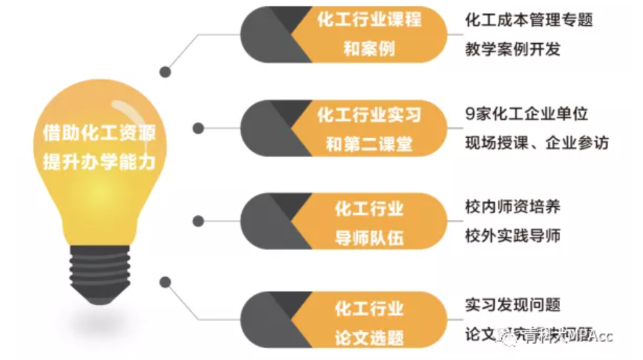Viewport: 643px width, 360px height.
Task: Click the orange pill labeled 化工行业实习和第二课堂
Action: pyautogui.click(x=369, y=129)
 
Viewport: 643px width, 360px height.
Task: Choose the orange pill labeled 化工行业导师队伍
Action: pyautogui.click(x=369, y=222)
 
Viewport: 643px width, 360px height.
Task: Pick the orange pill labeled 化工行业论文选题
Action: pyautogui.click(x=369, y=321)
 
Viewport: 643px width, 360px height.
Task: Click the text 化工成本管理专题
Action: pyautogui.click(x=529, y=20)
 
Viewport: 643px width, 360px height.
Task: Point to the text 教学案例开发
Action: pyautogui.click(x=513, y=49)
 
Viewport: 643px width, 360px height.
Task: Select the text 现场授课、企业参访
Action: pyautogui.click(x=536, y=143)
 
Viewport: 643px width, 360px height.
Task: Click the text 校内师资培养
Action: pyautogui.click(x=513, y=207)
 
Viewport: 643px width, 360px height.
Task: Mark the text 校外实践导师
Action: pyautogui.click(x=513, y=236)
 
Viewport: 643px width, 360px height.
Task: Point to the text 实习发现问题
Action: pyautogui.click(x=513, y=304)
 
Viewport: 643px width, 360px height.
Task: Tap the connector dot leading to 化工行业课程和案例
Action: pyautogui.click(x=165, y=71)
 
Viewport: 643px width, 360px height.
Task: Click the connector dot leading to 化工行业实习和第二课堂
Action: pyautogui.click(x=199, y=129)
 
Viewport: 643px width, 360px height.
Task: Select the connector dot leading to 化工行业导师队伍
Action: pyautogui.click(x=199, y=221)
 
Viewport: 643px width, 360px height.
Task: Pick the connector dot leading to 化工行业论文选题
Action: pyautogui.click(x=165, y=282)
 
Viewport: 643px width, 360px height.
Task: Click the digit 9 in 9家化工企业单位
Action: pyautogui.click(x=469, y=114)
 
